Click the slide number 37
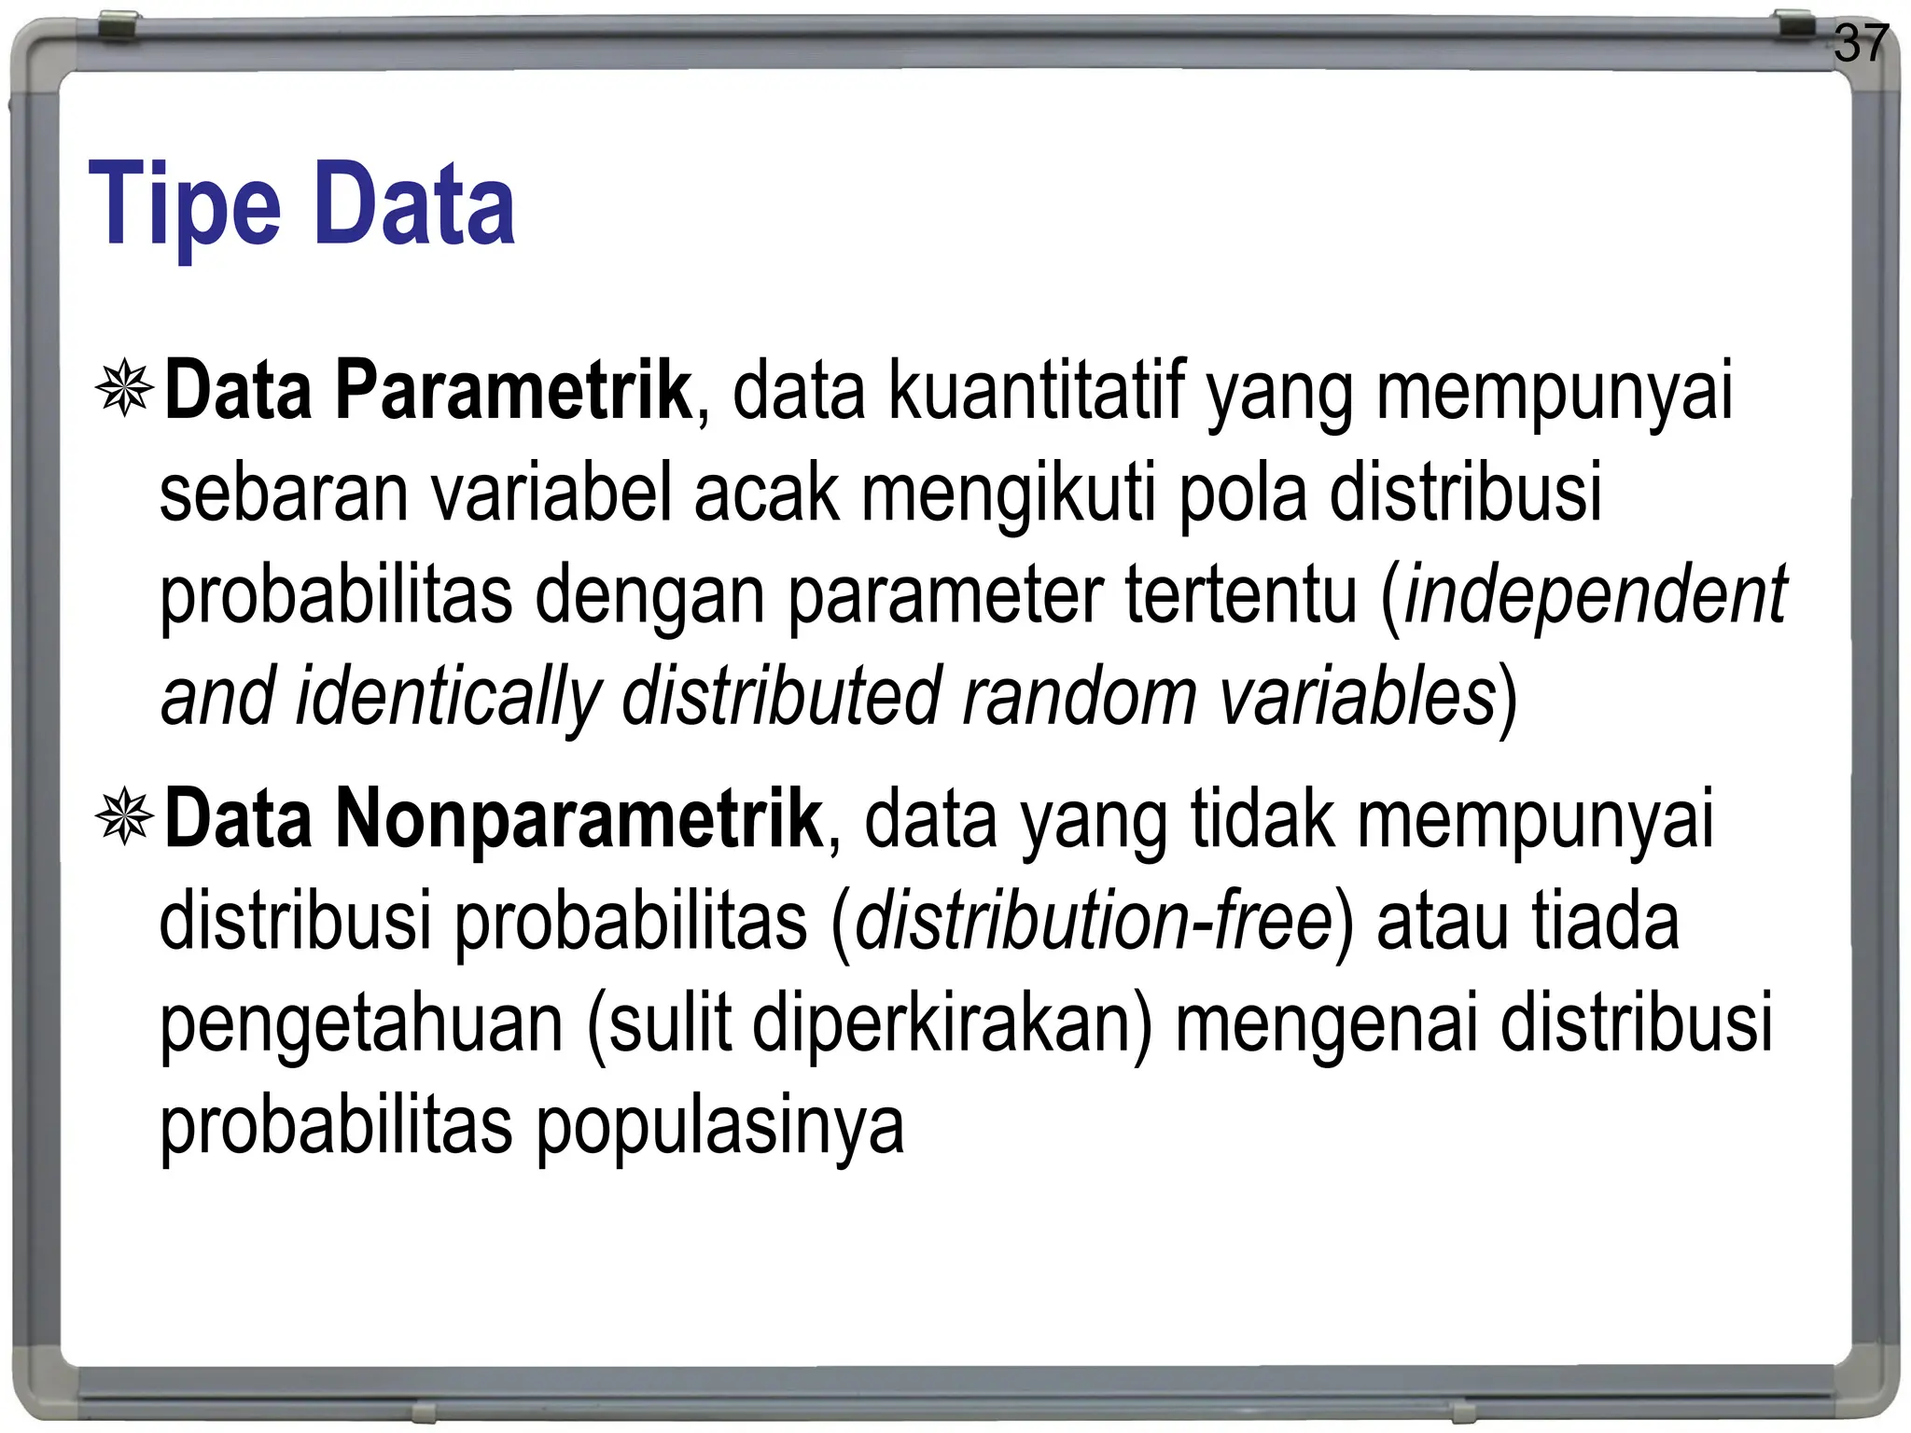1861,44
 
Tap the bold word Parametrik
513,391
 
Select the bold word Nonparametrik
579,819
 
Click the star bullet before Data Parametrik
124,388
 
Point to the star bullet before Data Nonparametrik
124,817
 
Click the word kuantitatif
1036,391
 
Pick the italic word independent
1596,595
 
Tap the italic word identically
448,697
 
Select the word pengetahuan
361,1024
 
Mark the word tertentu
1241,595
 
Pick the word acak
766,494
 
